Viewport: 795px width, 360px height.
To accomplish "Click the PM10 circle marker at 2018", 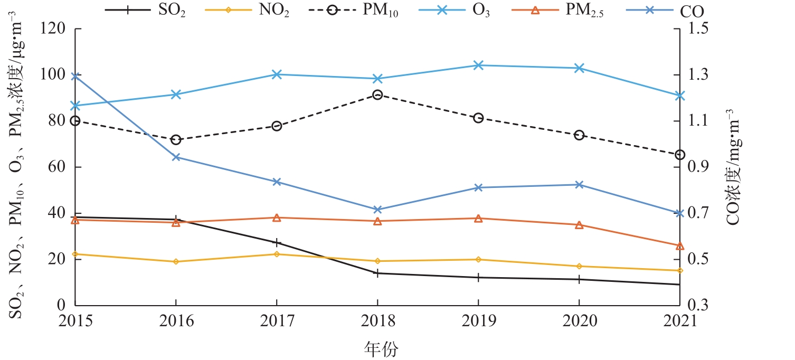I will [377, 95].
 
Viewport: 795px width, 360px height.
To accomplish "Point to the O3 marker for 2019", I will [478, 65].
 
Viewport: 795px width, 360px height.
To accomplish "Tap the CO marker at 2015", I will [75, 77].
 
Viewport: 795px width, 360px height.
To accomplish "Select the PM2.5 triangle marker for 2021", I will [680, 246].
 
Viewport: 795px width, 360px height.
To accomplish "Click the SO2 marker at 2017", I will [277, 242].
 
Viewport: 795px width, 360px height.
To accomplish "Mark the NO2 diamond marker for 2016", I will [176, 262].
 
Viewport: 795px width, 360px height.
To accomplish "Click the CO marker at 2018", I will [377, 210].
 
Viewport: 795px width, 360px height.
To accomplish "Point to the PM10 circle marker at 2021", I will [680, 155].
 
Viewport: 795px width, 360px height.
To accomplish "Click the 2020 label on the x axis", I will [579, 321].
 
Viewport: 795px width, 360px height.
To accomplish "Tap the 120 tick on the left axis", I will [54, 29].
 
